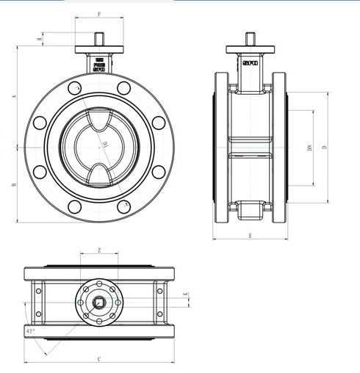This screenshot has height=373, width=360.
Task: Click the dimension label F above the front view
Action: (99, 14)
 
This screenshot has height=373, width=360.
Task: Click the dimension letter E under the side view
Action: (250, 235)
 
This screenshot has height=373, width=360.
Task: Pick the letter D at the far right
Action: (324, 148)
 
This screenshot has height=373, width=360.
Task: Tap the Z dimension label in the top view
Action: (98, 250)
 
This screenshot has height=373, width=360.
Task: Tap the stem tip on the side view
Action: (250, 39)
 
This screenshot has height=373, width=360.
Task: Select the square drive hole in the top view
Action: (98, 301)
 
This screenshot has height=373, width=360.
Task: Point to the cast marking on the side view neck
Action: (250, 63)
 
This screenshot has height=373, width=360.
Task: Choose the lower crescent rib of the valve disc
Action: (99, 173)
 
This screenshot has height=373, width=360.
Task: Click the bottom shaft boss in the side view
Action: (250, 211)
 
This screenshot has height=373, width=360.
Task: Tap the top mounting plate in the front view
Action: (99, 49)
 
